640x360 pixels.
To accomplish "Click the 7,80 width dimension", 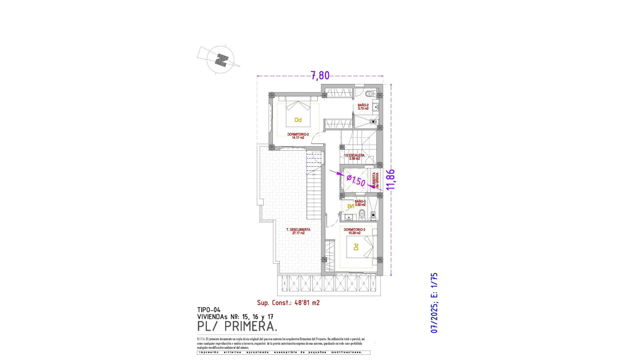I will tap(320, 76).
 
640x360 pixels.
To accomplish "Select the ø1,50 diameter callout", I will tap(356, 180).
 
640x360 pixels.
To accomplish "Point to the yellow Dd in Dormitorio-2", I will tap(298, 120).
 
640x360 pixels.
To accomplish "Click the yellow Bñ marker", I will tap(351, 206).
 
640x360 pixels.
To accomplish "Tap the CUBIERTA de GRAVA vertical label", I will tap(376, 180).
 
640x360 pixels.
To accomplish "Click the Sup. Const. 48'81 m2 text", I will tap(288, 303).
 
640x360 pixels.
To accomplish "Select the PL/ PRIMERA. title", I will tap(237, 326).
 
